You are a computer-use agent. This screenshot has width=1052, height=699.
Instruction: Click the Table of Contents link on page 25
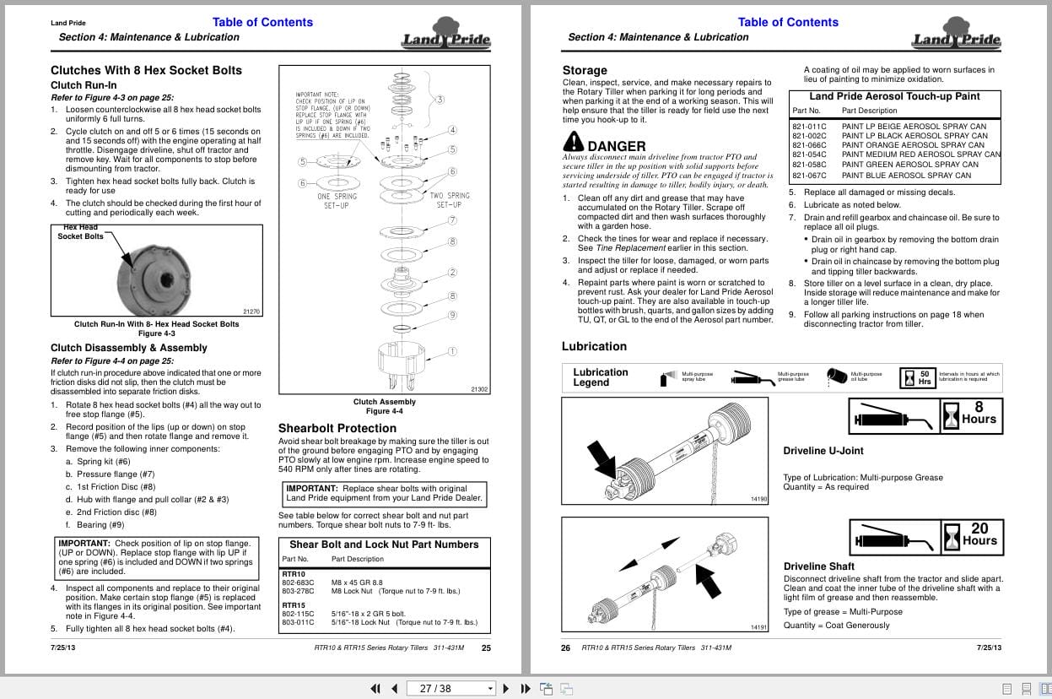tap(262, 23)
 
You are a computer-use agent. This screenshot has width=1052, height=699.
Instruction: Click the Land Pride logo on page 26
tap(955, 39)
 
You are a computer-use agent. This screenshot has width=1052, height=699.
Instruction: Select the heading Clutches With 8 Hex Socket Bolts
tap(146, 70)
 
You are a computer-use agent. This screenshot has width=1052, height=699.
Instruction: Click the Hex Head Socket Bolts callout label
tap(80, 232)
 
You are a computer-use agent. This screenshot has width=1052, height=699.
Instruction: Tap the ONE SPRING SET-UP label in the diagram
tap(337, 201)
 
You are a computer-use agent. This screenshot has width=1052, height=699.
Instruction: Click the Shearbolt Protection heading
tap(337, 428)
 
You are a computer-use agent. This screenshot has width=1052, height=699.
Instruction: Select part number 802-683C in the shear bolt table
tap(298, 582)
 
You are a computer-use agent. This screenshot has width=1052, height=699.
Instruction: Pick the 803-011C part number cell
tap(298, 622)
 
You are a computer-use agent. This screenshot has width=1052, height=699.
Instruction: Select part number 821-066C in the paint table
tap(809, 145)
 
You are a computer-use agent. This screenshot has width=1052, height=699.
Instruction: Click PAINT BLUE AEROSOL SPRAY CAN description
tap(894, 176)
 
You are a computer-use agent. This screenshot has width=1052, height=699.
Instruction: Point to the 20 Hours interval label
tap(979, 535)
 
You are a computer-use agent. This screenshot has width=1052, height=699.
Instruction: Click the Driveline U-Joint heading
tap(823, 451)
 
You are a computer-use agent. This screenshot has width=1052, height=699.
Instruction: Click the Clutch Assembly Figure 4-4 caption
tap(384, 406)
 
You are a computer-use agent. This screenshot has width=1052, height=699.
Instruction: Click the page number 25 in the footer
tap(486, 648)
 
